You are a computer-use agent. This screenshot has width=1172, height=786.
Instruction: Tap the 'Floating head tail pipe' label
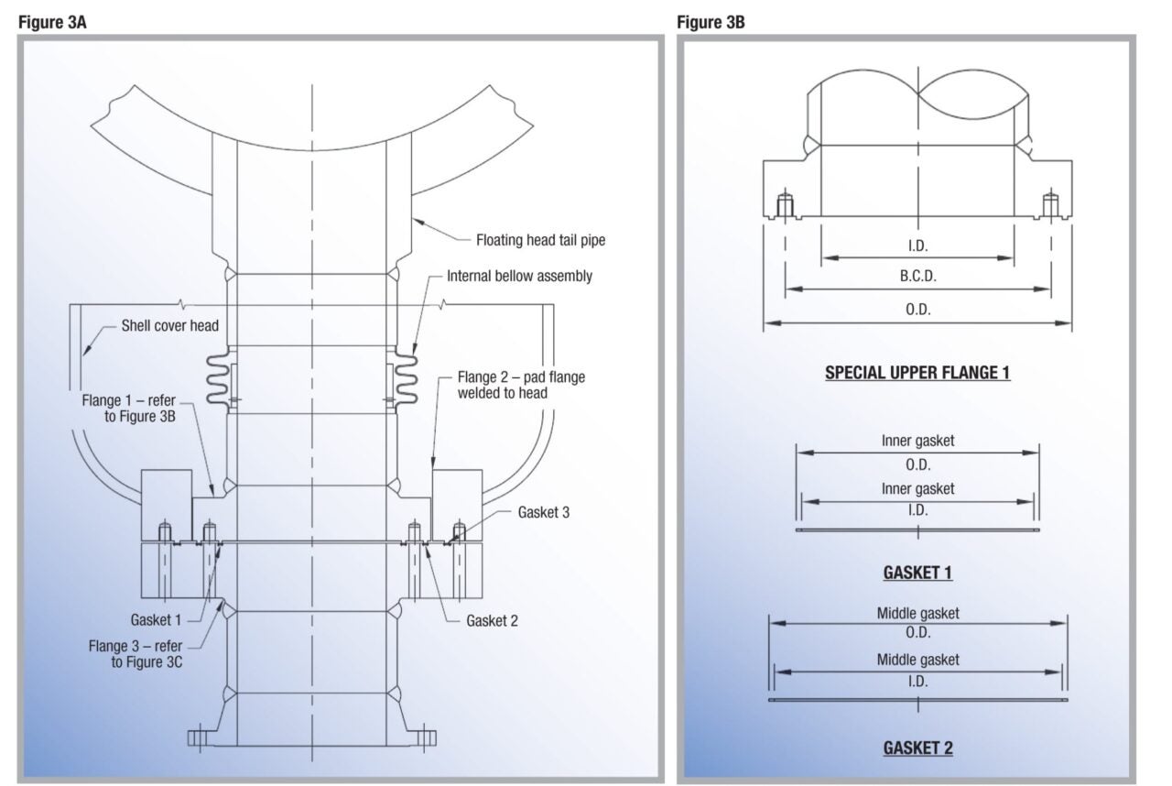[x=540, y=241]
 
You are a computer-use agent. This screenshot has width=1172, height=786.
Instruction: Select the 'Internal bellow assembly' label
[x=519, y=276]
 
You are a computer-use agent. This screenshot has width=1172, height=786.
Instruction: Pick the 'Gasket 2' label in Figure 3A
[x=493, y=620]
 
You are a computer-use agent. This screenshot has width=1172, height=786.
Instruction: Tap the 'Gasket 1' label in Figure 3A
[x=156, y=620]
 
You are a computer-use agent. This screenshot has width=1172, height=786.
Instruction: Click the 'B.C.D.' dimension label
[x=917, y=276]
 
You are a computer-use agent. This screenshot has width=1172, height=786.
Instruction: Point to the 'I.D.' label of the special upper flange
[x=917, y=246]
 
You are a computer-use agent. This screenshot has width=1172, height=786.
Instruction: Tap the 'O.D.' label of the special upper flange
[x=917, y=310]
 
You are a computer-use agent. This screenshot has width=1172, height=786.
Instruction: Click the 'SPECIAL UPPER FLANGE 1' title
[x=917, y=373]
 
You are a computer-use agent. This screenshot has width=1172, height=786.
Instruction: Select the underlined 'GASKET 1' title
[x=917, y=573]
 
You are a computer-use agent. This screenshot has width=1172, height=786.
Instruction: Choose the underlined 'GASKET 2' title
[x=917, y=748]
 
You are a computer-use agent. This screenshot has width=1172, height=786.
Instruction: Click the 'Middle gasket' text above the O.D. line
[x=917, y=614]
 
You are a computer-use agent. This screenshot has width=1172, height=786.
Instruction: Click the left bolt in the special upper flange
[x=785, y=206]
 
